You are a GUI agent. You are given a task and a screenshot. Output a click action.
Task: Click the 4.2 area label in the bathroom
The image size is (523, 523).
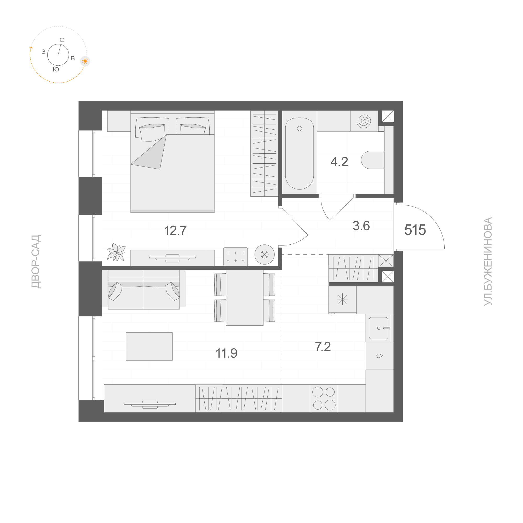339,162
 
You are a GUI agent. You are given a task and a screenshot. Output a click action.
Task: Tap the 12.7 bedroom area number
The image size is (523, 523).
175,231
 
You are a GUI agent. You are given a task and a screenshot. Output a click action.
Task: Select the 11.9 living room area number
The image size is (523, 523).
227,353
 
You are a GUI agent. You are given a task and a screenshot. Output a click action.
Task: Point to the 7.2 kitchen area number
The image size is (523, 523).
323,347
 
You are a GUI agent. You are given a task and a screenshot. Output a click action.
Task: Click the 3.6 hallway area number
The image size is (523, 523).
361,226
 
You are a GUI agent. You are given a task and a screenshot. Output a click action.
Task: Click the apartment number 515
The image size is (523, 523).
415,230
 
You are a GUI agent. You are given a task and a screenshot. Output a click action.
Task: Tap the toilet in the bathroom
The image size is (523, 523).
372,160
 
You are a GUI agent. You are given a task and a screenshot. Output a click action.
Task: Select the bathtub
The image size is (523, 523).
300,153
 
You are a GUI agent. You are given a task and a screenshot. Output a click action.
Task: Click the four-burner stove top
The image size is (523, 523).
324,398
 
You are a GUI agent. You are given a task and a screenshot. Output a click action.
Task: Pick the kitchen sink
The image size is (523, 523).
379,328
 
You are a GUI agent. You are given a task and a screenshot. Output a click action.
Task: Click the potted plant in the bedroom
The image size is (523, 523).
116,252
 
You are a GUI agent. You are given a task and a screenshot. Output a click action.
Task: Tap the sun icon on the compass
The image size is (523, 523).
85,61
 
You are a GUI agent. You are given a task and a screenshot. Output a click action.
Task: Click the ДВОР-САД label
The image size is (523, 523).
36,261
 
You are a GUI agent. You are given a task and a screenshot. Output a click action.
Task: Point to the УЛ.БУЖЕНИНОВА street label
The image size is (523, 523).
488,261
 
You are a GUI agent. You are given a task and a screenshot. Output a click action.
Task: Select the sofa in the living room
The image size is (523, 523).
144,289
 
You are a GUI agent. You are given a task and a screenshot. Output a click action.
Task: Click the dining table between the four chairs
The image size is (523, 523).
244,297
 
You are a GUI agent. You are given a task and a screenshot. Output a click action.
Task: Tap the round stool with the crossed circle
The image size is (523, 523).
265,255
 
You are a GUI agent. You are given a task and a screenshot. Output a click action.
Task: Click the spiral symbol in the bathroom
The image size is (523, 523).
364,121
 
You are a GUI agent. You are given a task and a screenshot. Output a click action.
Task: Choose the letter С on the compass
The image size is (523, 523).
62,40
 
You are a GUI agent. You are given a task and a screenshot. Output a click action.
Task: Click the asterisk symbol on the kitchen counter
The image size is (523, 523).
342,300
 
